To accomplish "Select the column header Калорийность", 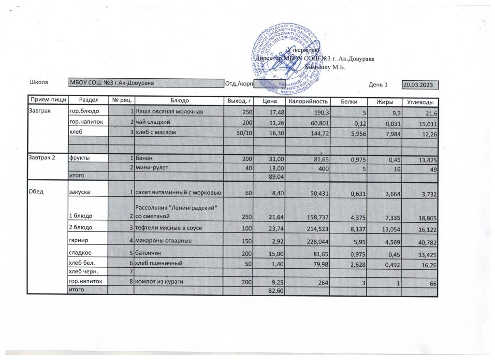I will click(x=308, y=101).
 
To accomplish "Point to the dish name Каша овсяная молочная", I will click(x=169, y=112).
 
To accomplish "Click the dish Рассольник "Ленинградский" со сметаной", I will click(x=178, y=211).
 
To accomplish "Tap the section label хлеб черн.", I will click(x=83, y=273).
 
